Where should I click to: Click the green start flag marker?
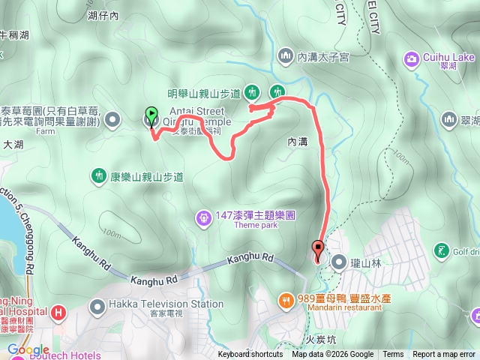point(151,115)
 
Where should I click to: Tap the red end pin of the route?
point(317,250)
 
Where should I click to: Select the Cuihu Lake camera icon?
point(412,58)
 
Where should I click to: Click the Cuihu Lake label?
point(448,57)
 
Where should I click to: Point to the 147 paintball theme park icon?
point(203,218)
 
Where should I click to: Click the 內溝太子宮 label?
point(324,56)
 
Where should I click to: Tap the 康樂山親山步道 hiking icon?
point(98,177)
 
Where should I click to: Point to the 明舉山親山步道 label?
point(203,93)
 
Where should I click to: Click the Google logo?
point(28,349)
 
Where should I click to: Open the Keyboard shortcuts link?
point(251,355)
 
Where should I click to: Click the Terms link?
point(393,355)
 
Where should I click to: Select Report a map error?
point(444,355)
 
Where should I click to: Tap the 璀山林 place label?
point(365,262)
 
